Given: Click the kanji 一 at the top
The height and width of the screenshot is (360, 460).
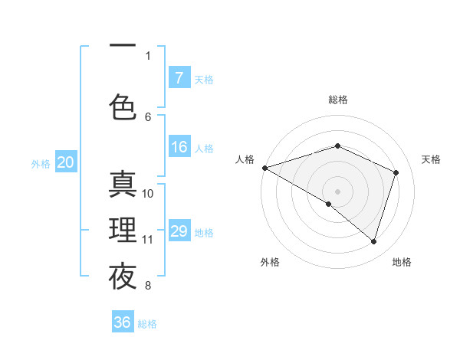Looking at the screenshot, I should point(123,47).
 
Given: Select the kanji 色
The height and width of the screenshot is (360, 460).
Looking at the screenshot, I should point(123,106).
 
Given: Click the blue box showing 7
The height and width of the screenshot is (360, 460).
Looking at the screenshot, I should point(179,78).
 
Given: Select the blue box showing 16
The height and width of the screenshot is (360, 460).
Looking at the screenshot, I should point(179,148).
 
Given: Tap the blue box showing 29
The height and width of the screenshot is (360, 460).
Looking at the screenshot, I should point(179,231).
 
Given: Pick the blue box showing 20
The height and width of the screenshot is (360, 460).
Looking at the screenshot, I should point(65,162).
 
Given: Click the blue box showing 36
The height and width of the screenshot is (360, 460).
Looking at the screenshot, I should point(123,322).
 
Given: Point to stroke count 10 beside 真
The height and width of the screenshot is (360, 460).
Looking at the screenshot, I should point(148,194).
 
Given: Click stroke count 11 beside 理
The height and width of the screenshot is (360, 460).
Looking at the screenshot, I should point(148,240).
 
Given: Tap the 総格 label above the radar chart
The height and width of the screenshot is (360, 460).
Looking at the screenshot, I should point(338,100).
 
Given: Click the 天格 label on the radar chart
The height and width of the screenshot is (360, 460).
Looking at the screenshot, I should point(431,159).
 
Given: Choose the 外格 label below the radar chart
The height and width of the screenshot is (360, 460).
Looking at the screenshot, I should point(270,262).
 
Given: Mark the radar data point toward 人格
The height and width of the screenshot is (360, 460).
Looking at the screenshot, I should point(264,168).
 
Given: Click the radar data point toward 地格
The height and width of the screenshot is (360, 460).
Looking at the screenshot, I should point(373,242).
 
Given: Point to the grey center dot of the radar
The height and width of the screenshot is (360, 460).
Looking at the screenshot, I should point(337,191).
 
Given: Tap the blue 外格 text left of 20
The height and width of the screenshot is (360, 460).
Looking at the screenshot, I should point(41,163).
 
